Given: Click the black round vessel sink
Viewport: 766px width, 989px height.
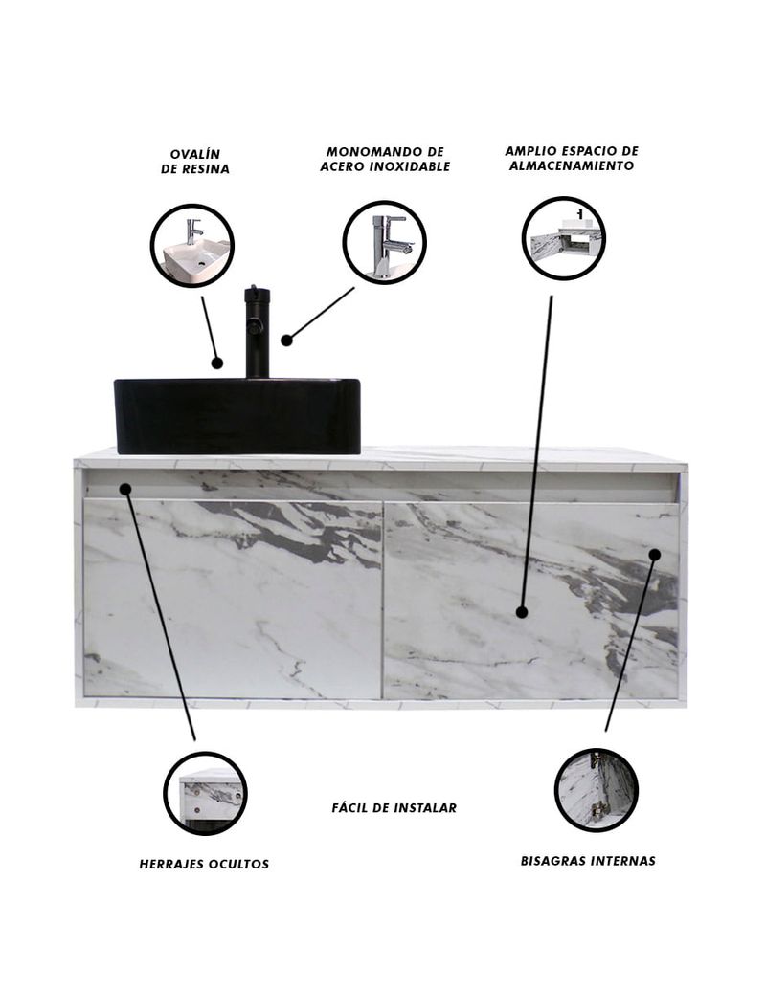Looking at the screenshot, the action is click(237, 416).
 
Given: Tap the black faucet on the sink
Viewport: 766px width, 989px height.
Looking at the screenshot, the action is click(257, 332).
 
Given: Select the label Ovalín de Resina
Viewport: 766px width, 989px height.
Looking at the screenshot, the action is click(195, 162).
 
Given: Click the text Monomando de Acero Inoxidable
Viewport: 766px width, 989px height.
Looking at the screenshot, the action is click(385, 159).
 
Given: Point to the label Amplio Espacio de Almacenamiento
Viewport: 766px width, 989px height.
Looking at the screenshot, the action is click(572, 159).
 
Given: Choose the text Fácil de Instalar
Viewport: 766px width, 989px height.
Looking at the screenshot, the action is click(394, 807).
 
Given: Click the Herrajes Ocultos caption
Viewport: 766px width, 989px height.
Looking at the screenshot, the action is click(204, 864).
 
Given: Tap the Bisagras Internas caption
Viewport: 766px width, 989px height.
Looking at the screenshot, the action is click(588, 860).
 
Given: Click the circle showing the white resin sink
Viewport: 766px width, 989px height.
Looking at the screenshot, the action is click(191, 246).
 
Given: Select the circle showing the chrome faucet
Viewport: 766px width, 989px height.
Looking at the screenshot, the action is click(385, 242).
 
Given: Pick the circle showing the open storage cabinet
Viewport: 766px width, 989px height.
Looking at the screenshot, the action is click(564, 238).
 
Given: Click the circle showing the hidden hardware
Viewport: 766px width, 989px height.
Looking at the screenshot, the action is click(205, 794).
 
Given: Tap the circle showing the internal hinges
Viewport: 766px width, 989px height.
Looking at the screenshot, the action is click(597, 790).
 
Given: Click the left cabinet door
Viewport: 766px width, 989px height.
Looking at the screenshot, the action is click(233, 599).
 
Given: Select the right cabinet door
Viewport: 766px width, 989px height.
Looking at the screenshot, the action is click(531, 601).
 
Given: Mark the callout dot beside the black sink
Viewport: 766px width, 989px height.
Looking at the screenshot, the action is click(217, 363).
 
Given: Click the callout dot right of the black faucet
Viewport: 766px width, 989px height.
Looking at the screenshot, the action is click(286, 340).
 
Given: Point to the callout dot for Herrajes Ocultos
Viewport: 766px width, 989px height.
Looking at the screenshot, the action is click(125, 489).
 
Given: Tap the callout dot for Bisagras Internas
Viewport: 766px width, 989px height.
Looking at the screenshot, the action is click(655, 555).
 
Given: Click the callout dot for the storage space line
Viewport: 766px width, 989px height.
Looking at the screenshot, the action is click(522, 612).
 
